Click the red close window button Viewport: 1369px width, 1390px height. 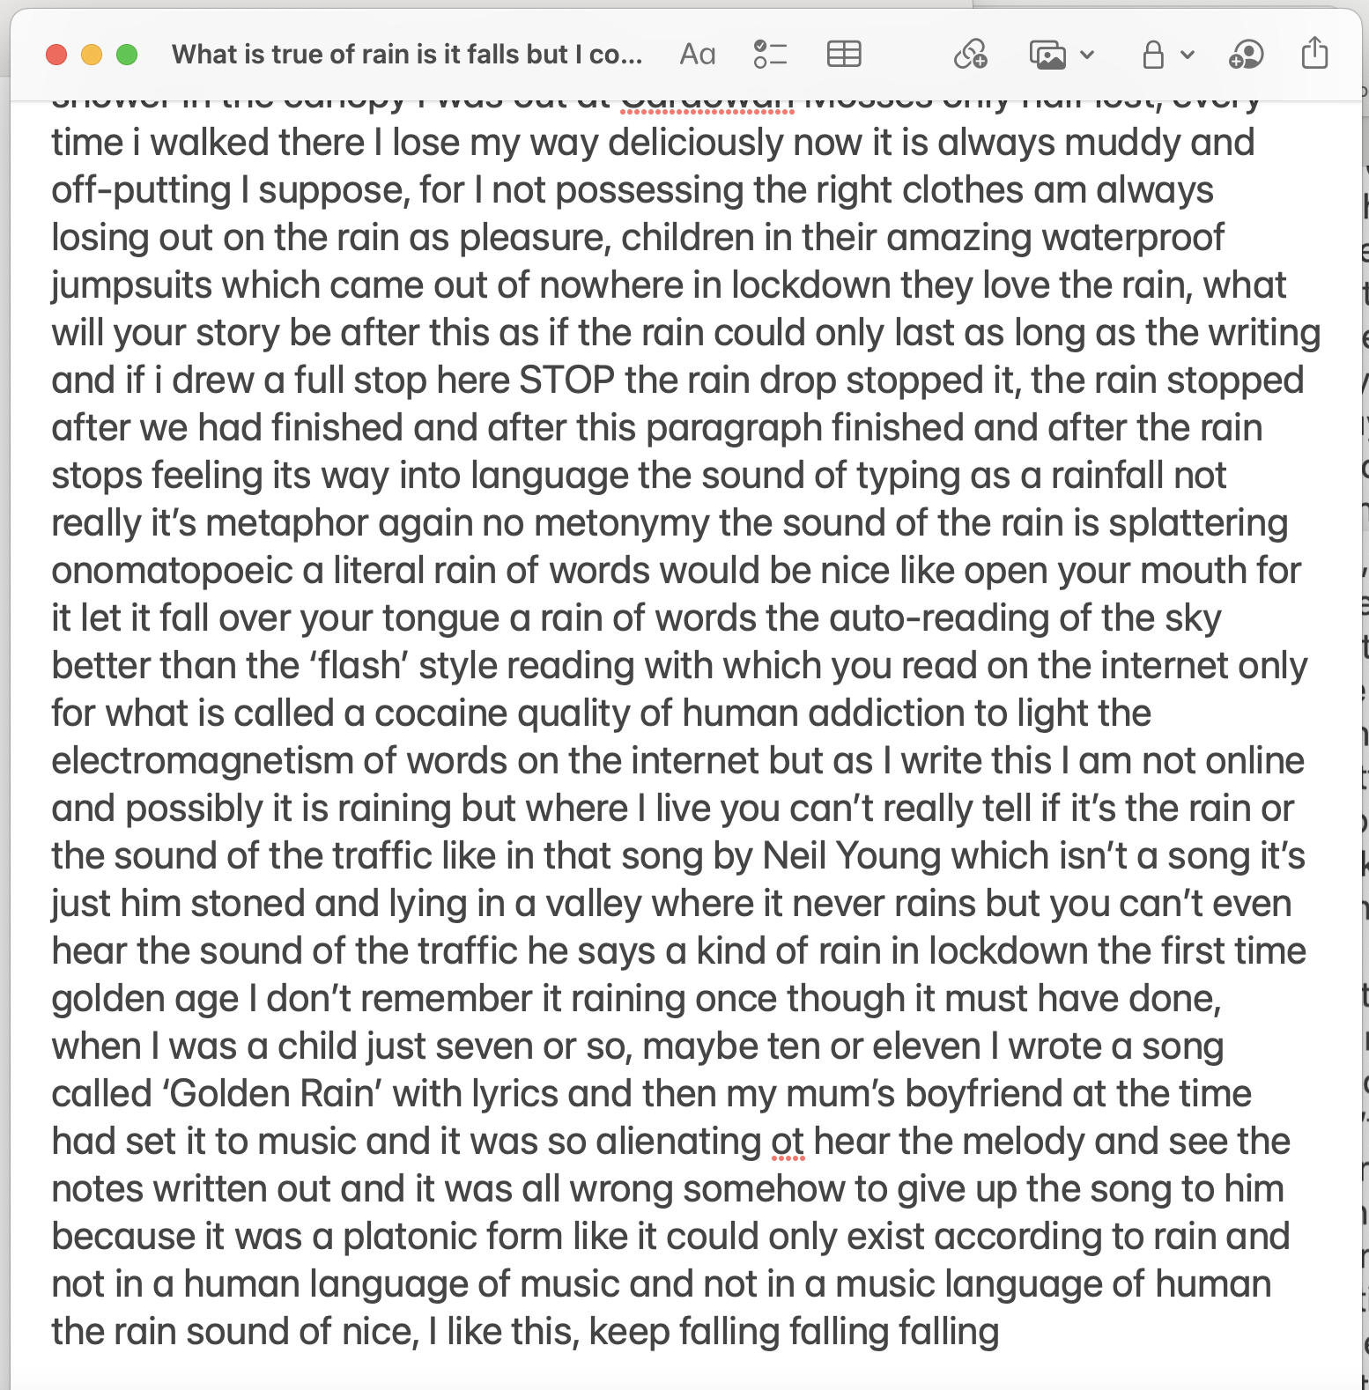click(x=56, y=55)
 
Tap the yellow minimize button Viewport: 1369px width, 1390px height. click(x=92, y=55)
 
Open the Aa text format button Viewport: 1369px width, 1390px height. click(x=697, y=55)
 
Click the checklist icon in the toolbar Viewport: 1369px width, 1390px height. click(x=770, y=55)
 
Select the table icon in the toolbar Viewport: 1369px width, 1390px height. click(x=844, y=55)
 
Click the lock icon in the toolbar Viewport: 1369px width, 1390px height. click(x=1152, y=55)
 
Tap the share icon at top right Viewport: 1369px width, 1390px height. click(x=1314, y=53)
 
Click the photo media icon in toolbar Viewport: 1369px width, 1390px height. click(x=1048, y=55)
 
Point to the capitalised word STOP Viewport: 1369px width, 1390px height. click(x=566, y=381)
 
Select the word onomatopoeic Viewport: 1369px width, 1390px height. click(x=172, y=571)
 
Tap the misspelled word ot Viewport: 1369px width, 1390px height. click(x=788, y=1142)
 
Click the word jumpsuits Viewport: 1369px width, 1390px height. click(x=132, y=285)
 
